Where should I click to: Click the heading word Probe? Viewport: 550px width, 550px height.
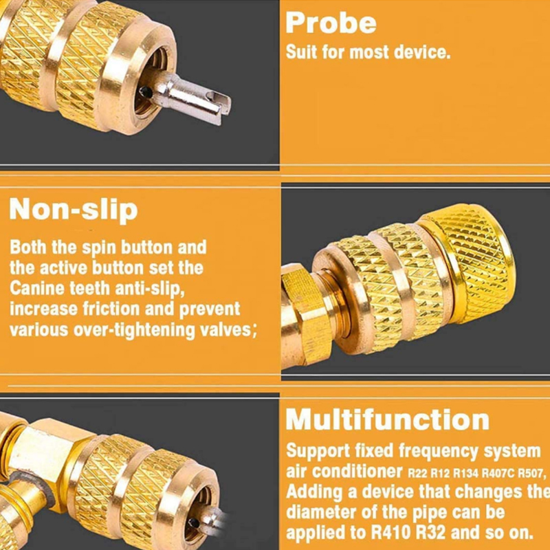click(x=331, y=23)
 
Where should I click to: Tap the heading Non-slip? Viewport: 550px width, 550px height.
click(x=74, y=209)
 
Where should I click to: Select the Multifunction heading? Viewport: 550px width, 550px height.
click(x=388, y=419)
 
